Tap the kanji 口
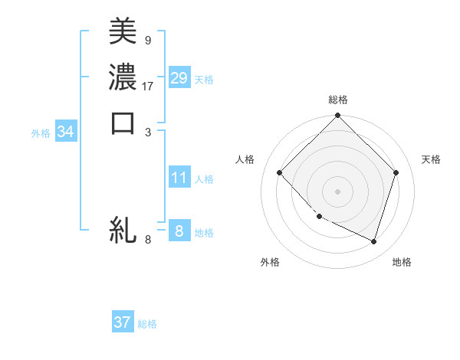[123, 123]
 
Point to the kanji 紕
[123, 231]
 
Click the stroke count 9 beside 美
[147, 39]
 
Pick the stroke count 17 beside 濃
[148, 86]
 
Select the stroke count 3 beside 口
[147, 132]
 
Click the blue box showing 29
[179, 78]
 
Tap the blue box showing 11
[179, 178]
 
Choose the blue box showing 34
[66, 133]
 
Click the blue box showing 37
[123, 322]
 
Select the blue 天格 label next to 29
[204, 80]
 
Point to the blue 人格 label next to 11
[204, 179]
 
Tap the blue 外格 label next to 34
[41, 133]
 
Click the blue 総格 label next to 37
[147, 324]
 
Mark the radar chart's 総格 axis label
[338, 100]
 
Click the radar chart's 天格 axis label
[432, 159]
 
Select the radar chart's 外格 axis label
[270, 263]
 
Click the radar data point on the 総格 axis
[338, 116]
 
